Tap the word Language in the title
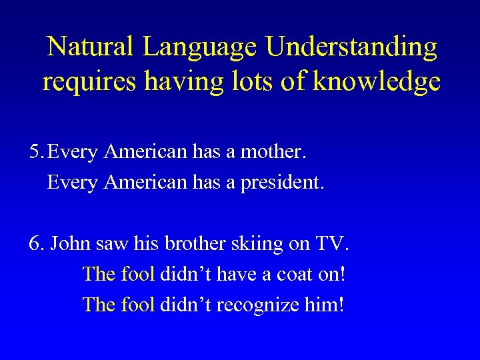click(200, 47)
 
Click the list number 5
click(36, 153)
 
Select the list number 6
click(36, 243)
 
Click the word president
click(288, 182)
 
